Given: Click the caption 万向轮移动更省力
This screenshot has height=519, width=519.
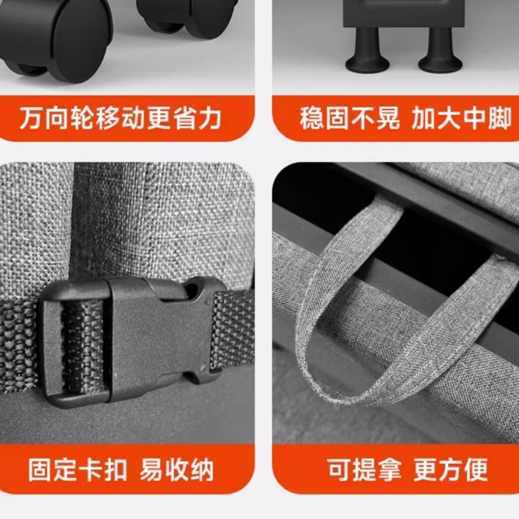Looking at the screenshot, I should pyautogui.click(x=121, y=119).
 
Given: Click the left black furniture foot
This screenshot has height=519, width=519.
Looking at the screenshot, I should pyautogui.click(x=368, y=55).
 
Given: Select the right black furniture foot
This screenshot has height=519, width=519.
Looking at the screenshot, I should pyautogui.click(x=440, y=55).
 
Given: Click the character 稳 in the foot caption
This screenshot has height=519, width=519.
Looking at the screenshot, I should pyautogui.click(x=311, y=119).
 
